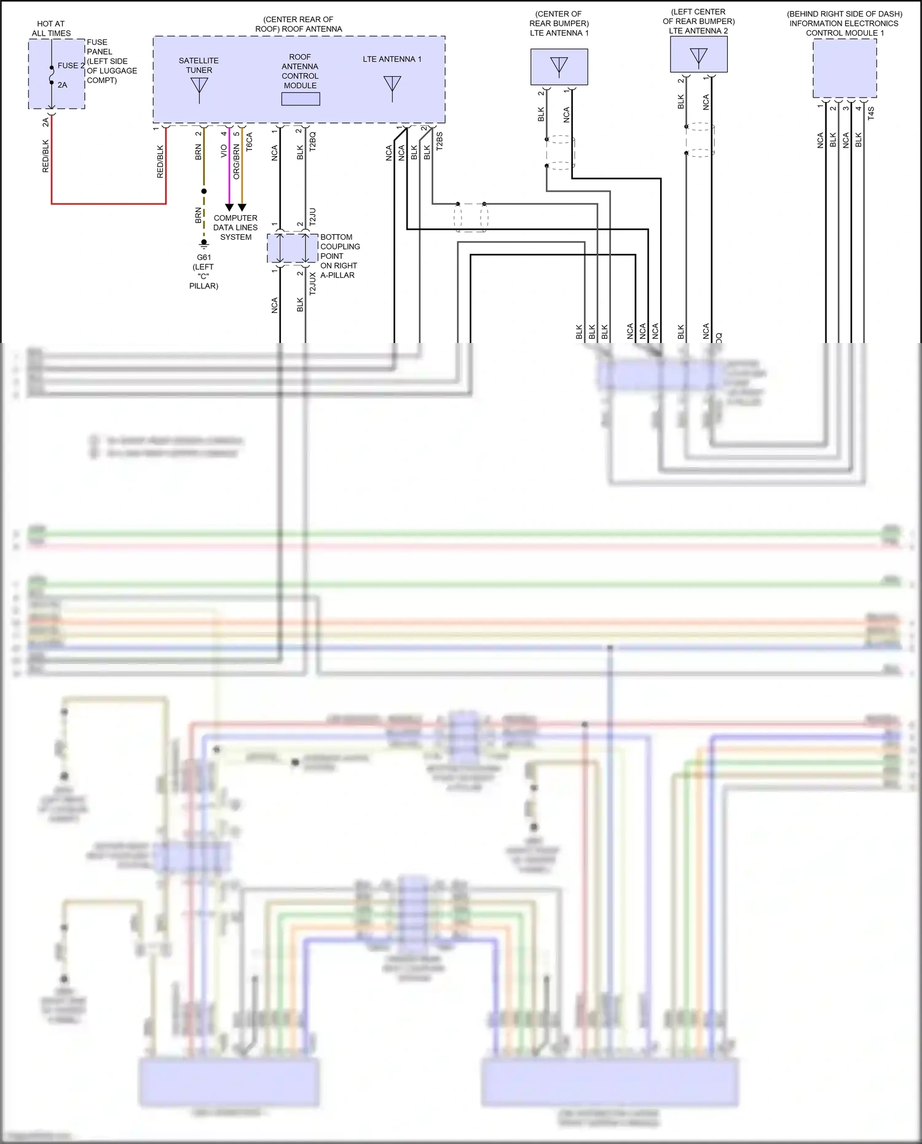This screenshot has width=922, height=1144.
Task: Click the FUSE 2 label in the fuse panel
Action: (71, 66)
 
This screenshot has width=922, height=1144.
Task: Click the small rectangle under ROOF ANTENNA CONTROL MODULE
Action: (301, 99)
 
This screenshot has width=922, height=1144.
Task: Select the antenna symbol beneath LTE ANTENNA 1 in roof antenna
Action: (392, 88)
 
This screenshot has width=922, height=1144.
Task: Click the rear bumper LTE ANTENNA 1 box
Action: (559, 67)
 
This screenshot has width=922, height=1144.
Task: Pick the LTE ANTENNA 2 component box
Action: (699, 55)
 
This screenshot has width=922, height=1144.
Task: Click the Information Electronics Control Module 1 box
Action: (845, 68)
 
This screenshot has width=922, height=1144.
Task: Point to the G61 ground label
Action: (204, 258)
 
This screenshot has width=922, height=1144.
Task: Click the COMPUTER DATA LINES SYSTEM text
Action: (235, 227)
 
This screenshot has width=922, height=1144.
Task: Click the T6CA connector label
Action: (249, 142)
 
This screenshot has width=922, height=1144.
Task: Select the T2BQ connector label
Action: (312, 141)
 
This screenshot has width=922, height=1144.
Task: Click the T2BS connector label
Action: (439, 141)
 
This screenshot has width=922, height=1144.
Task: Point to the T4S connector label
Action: (871, 112)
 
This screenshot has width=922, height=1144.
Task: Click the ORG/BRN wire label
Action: (237, 162)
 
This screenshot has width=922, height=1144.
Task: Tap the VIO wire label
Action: (224, 151)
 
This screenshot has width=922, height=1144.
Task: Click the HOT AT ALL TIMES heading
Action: (51, 28)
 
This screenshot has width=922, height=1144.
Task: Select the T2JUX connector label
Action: (312, 284)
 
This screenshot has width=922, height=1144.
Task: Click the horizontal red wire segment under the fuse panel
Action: (109, 203)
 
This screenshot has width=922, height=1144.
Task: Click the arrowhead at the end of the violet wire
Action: (229, 208)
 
